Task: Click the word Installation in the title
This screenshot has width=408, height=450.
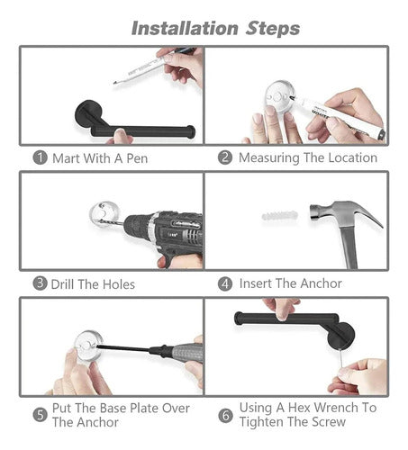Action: click(x=185, y=29)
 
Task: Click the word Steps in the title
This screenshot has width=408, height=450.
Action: click(x=273, y=29)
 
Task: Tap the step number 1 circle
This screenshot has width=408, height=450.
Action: click(x=40, y=157)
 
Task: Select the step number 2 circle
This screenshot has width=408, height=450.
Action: click(x=225, y=157)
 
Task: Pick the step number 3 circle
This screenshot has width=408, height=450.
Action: click(x=40, y=283)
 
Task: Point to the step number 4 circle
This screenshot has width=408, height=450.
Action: click(x=225, y=283)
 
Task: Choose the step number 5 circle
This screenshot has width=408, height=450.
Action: click(x=40, y=415)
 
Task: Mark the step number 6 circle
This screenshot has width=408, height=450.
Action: click(x=225, y=416)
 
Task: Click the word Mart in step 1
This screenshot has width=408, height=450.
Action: click(x=66, y=158)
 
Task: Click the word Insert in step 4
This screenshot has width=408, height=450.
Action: click(x=255, y=283)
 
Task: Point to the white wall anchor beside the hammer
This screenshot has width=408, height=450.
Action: click(x=279, y=215)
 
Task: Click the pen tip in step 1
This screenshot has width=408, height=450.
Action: click(x=115, y=83)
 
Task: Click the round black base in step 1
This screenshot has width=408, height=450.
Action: click(x=88, y=114)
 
